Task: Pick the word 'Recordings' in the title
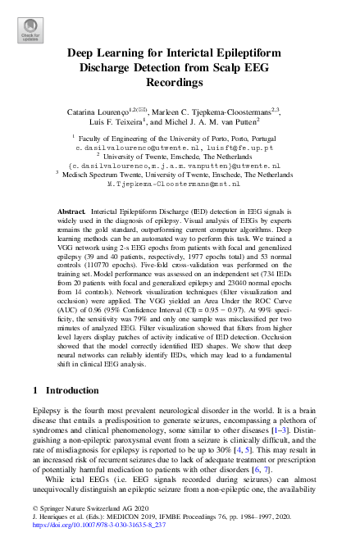(180, 83)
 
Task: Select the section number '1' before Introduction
(36, 388)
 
